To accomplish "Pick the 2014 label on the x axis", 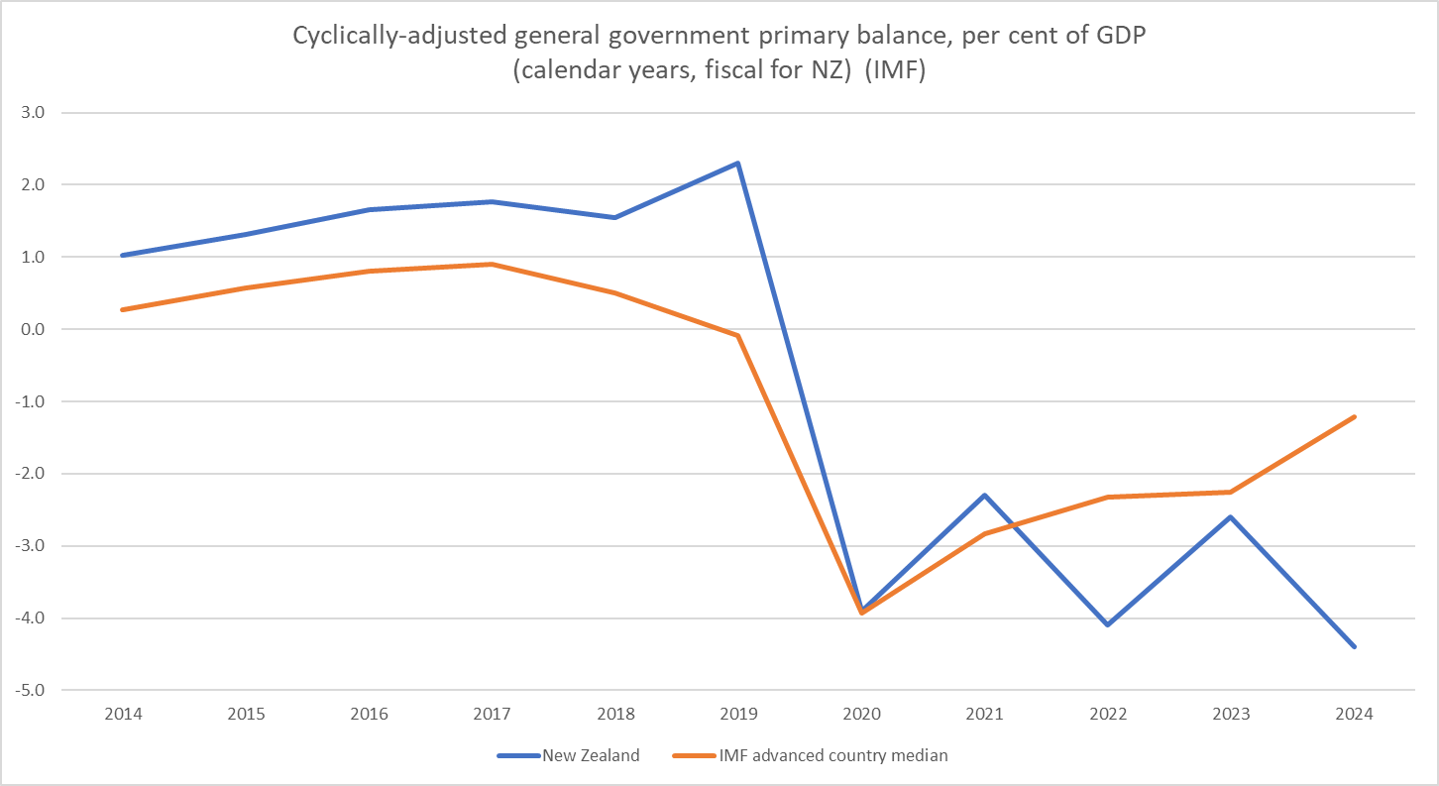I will click(x=122, y=715).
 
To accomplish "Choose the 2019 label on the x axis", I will click(x=738, y=715).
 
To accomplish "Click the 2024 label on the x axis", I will click(x=1354, y=715).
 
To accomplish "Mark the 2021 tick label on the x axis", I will click(x=984, y=715).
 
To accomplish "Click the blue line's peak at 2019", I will click(x=738, y=163).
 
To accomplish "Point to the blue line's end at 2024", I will click(x=1354, y=646).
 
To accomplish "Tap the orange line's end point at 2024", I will click(x=1354, y=416).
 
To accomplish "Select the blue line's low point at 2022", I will click(x=1107, y=624).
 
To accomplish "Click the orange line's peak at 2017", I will click(x=492, y=264).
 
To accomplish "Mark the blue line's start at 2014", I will click(x=122, y=255).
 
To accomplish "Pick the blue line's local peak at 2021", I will click(x=984, y=495).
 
